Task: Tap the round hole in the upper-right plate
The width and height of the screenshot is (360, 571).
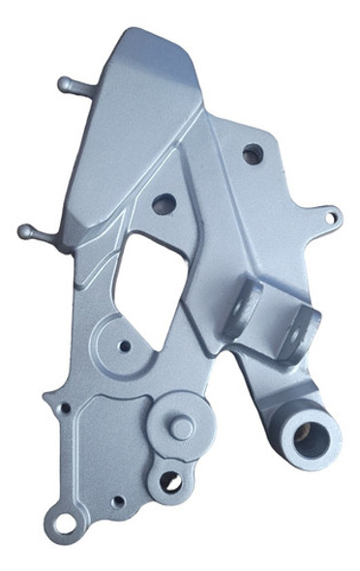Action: (x=252, y=153)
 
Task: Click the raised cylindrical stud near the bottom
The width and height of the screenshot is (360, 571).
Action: (x=180, y=425)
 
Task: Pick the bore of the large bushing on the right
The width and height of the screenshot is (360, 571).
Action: (x=311, y=429)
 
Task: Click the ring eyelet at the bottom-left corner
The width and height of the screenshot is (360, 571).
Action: (x=65, y=524)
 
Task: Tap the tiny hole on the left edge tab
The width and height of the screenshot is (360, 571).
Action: (x=65, y=409)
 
